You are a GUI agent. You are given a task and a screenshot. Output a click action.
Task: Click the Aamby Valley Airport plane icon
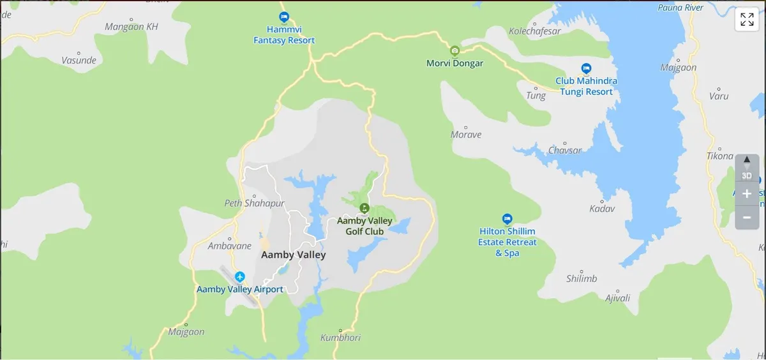point(239,276)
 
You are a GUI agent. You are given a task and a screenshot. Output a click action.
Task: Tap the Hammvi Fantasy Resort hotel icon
point(284,17)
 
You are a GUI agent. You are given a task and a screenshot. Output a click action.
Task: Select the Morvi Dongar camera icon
point(454,50)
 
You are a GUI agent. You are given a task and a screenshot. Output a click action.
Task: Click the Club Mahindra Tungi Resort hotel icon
point(585,68)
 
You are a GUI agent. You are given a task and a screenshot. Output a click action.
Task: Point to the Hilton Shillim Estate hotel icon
point(507,218)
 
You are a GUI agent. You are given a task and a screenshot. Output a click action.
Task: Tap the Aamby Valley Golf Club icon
point(364,207)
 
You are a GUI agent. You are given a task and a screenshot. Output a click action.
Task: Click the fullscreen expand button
point(747,19)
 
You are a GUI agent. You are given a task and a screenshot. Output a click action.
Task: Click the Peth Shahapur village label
point(254,204)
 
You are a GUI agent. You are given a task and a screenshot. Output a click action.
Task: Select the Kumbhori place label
point(341,338)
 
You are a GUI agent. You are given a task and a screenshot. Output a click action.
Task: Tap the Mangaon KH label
point(131,27)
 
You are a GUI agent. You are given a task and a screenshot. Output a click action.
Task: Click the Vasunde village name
point(79,60)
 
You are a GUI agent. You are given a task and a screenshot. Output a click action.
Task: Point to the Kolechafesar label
point(534,31)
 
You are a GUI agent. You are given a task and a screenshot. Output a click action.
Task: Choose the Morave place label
point(466,135)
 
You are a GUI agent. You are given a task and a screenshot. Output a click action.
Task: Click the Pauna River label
point(680,8)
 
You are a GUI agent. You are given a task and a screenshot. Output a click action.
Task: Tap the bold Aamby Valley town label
point(293,255)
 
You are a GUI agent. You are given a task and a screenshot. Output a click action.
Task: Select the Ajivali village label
point(617,298)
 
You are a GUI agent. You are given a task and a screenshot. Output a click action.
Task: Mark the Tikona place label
point(720,156)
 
